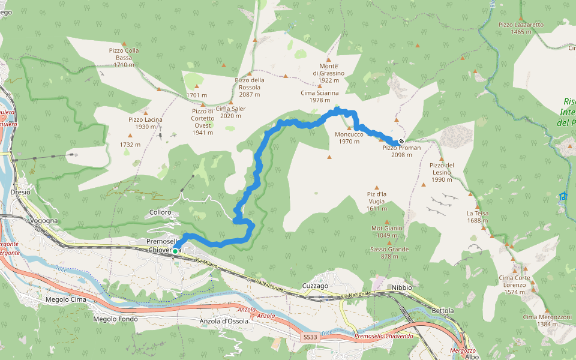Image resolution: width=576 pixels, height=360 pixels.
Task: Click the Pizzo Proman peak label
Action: [x=401, y=151]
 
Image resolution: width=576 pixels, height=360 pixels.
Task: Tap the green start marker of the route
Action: [x=175, y=251]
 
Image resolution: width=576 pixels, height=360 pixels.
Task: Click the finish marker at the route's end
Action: [x=401, y=141]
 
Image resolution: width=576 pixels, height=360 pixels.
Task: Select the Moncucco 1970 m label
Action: [x=349, y=138]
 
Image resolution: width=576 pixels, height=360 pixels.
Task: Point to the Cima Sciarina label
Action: [x=320, y=97]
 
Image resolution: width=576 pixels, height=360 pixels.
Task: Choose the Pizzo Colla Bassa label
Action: [x=124, y=58]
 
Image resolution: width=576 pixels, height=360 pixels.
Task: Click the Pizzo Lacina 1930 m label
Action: [x=145, y=123]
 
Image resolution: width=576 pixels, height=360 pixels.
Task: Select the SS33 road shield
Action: [x=310, y=338]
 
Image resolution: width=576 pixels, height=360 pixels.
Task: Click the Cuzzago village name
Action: [x=316, y=286]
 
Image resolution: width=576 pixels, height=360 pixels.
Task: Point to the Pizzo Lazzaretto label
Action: [x=521, y=28]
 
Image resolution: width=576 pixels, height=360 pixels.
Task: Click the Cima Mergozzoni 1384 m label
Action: [x=544, y=320]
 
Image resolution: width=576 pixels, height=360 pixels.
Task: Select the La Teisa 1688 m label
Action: [x=478, y=217]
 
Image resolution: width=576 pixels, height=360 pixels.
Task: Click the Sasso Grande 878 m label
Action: [x=389, y=253]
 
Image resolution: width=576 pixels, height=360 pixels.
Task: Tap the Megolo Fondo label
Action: [x=116, y=319]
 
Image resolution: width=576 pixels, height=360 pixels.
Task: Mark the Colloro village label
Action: [x=160, y=212]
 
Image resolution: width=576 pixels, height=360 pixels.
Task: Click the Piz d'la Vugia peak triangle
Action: [x=377, y=188]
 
